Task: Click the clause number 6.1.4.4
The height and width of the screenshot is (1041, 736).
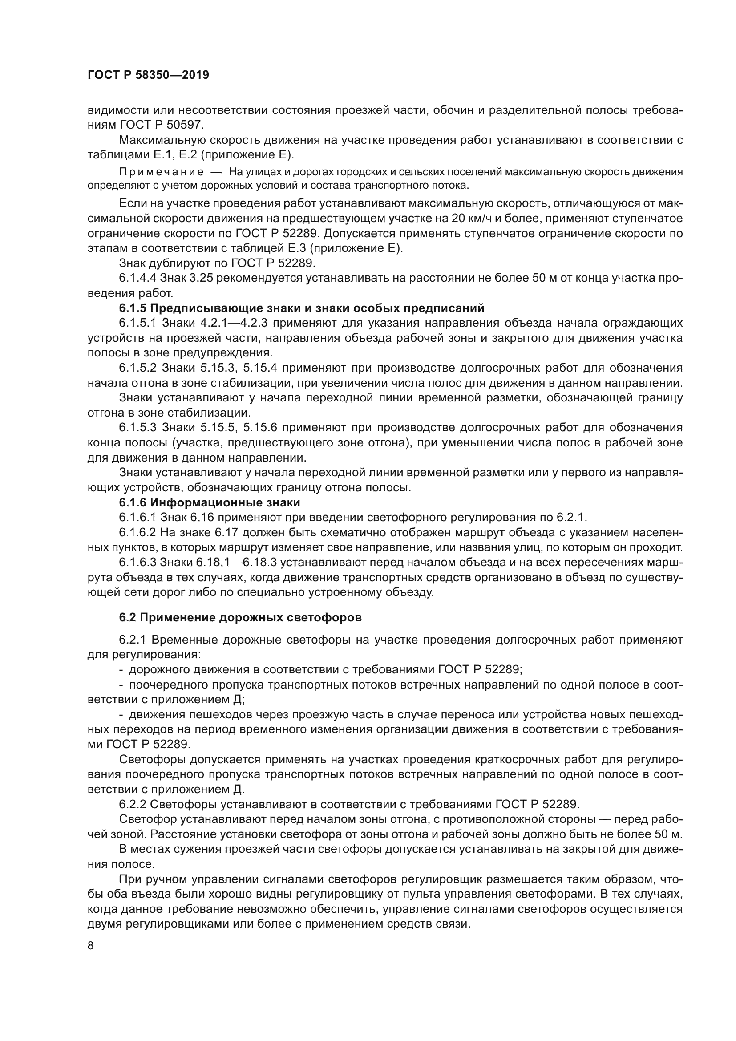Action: click(138, 278)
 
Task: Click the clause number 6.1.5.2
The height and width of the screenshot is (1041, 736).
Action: click(138, 368)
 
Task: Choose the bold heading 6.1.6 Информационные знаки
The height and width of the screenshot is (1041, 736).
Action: click(210, 502)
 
